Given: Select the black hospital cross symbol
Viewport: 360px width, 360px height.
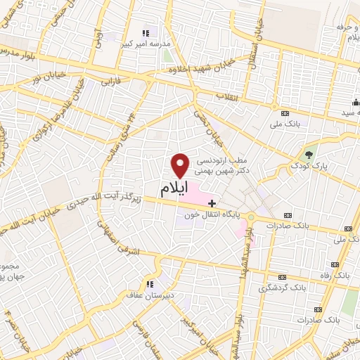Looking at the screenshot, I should (x=212, y=202).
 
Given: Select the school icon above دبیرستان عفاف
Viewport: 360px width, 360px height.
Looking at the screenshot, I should (x=149, y=284).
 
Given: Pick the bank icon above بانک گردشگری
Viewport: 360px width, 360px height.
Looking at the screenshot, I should (x=283, y=277).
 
